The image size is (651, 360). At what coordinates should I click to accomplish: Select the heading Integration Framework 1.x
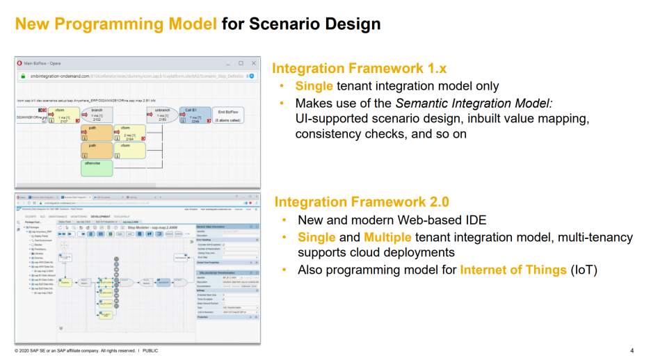coord(359,68)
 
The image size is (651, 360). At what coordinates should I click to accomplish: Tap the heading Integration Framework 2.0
coord(362,202)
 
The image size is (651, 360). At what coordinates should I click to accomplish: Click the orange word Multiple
coord(387,238)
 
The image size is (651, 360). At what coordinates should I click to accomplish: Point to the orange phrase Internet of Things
coord(513,270)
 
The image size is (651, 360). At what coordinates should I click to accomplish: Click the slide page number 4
coord(632,350)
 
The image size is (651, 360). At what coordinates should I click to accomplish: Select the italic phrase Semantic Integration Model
coord(474,103)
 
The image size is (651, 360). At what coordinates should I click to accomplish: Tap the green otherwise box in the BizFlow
coord(97,167)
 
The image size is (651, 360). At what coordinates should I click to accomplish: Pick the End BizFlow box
coord(230,115)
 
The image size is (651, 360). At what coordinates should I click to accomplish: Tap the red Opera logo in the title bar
coord(20,63)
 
